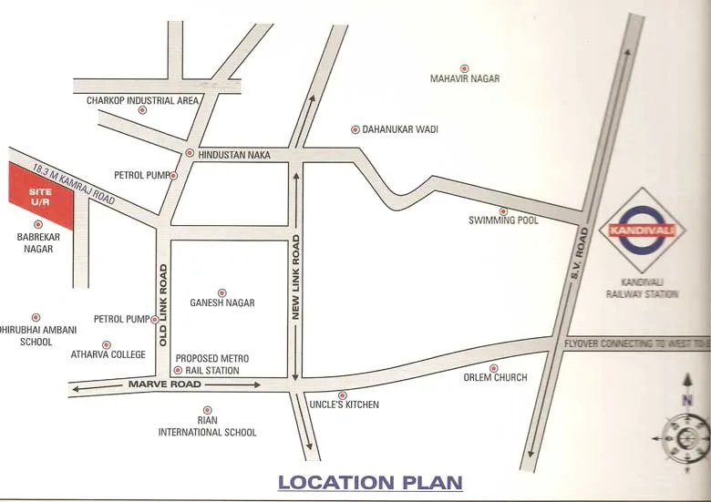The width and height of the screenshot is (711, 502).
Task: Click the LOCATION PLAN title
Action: (370, 482)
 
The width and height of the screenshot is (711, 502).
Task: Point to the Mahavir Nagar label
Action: (465, 79)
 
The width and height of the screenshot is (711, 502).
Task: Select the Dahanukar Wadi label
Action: (399, 130)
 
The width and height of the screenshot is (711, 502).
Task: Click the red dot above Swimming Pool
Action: (502, 210)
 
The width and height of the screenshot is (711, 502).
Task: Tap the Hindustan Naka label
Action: (234, 155)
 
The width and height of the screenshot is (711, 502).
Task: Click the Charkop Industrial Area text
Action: (143, 100)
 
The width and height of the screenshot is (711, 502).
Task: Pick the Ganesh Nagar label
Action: (222, 302)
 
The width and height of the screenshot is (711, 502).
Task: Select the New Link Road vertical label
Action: (296, 276)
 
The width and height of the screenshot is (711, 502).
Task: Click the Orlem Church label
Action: (495, 377)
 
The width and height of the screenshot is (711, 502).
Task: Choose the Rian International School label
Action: (208, 426)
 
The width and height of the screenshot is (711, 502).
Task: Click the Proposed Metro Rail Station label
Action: (211, 364)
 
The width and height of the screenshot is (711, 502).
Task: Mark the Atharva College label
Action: (108, 354)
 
